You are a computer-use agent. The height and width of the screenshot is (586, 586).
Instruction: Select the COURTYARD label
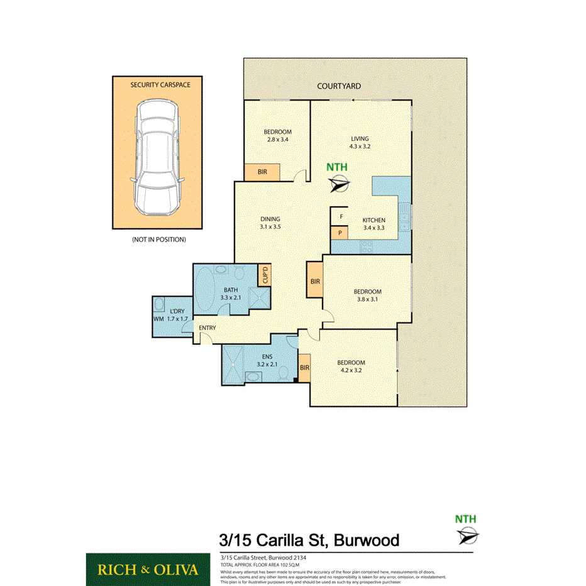[x=339, y=86]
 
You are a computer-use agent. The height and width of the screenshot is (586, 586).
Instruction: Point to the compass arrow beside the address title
[x=468, y=536]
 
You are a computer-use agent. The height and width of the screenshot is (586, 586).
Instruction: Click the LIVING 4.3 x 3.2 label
[x=360, y=143]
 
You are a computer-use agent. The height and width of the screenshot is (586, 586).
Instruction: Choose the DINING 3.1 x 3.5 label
[x=270, y=222]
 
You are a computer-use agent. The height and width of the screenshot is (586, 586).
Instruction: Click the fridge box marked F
[x=341, y=217]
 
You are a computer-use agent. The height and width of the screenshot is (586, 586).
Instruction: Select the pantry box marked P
[x=340, y=233]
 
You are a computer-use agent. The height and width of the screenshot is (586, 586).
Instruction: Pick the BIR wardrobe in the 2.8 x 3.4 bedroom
[x=262, y=171]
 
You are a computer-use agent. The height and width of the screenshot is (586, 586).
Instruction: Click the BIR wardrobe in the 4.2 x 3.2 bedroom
[x=304, y=368]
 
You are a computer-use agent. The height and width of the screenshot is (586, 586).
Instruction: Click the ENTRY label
[x=207, y=328]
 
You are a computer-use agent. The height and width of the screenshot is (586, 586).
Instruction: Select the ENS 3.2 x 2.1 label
[x=267, y=360]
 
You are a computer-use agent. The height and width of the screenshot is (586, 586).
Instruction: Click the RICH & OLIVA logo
[x=148, y=570]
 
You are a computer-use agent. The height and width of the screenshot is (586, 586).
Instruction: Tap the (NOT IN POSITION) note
[x=158, y=240]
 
